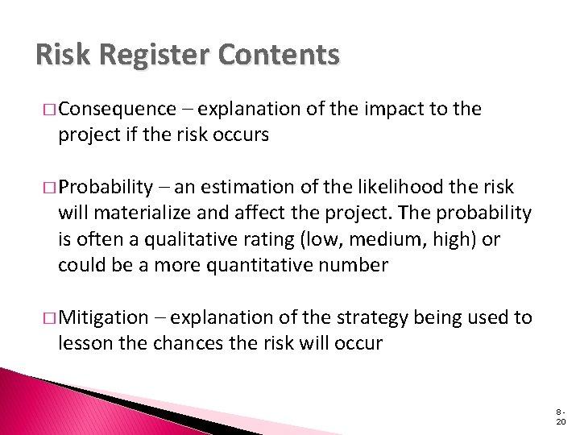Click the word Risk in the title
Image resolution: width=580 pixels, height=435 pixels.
coord(64,56)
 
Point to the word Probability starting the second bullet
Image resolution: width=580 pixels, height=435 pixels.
coord(109,188)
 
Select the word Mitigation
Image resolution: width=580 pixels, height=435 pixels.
coord(103,317)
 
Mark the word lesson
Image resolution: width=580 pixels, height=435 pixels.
coord(83,343)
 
